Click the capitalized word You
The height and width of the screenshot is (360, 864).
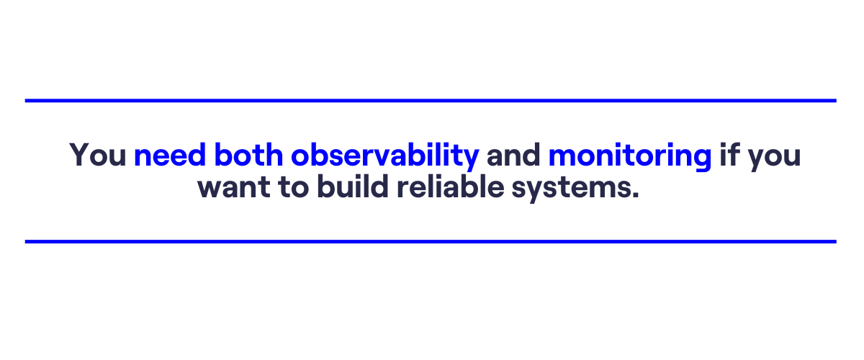(98, 155)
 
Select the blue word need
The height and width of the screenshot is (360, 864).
(170, 154)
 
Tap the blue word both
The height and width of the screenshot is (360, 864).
(248, 154)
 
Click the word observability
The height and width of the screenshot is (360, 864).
(385, 157)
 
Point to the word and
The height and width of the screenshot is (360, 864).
(513, 154)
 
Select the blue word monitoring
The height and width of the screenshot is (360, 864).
(630, 157)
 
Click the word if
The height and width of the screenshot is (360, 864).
(729, 154)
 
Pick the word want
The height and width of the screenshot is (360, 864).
(234, 187)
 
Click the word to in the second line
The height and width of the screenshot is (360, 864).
(294, 187)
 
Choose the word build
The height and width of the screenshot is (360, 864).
(353, 186)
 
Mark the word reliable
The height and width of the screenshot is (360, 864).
(451, 186)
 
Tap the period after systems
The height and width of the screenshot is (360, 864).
(634, 194)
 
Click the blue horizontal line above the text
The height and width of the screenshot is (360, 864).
(431, 101)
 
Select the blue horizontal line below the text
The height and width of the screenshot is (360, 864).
(431, 241)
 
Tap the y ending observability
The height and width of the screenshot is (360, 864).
(469, 159)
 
